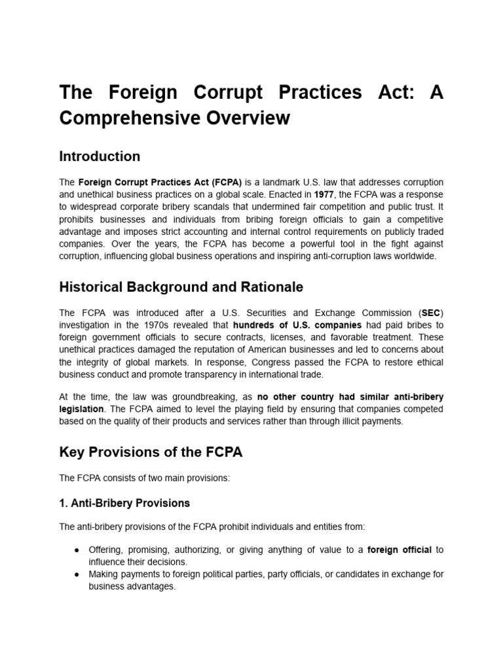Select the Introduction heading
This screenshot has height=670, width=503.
coord(100,156)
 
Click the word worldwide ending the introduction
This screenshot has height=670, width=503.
coord(413,256)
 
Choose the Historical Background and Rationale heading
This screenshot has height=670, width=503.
coord(181,287)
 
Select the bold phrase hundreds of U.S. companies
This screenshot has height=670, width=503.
coord(297,325)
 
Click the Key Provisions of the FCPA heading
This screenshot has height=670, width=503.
coord(151,452)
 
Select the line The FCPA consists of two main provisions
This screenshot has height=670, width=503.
coord(144,478)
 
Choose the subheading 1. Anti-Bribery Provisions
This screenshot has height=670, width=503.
coord(124,503)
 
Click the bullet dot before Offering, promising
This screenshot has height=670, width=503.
coord(77,550)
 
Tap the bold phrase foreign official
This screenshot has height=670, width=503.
coord(400,550)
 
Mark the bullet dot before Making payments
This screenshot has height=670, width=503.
coord(77,574)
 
